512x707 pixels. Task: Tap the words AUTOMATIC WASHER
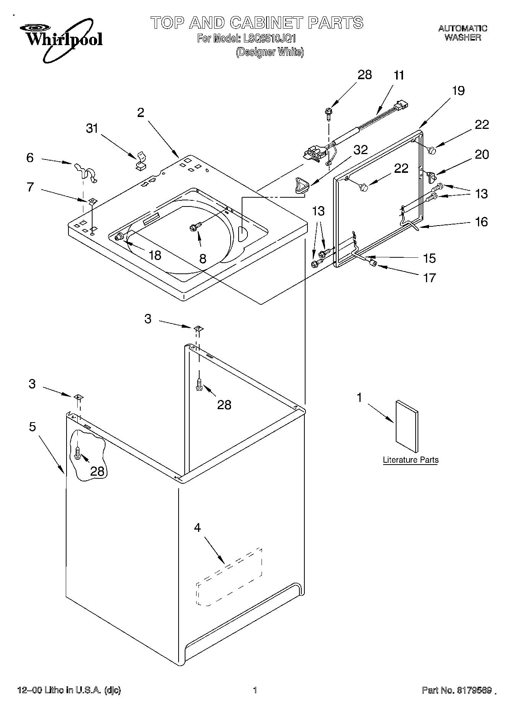(462, 33)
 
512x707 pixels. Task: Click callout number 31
(92, 128)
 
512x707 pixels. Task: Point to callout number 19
(458, 91)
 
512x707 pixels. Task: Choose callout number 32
(360, 150)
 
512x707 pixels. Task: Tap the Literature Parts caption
(411, 460)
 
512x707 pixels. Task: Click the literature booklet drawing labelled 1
(406, 426)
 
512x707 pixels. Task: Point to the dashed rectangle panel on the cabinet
(229, 577)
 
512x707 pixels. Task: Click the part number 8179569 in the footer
(473, 690)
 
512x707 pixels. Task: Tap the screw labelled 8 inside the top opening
(193, 228)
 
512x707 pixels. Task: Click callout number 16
(481, 222)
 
